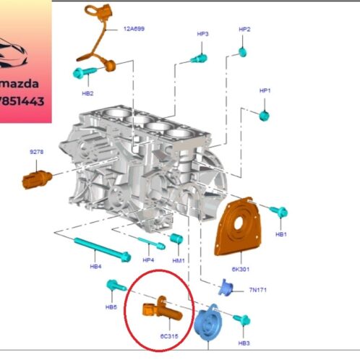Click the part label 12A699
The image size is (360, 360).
pyautogui.click(x=134, y=30)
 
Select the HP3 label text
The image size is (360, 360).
pyautogui.click(x=203, y=34)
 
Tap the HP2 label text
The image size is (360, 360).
pyautogui.click(x=244, y=30)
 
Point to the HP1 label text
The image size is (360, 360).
pyautogui.click(x=265, y=90)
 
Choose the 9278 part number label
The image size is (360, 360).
pyautogui.click(x=36, y=153)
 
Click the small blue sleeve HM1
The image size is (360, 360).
pyautogui.click(x=176, y=239)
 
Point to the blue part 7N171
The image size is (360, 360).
pyautogui.click(x=227, y=288)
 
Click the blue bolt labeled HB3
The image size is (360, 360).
pyautogui.click(x=242, y=320)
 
